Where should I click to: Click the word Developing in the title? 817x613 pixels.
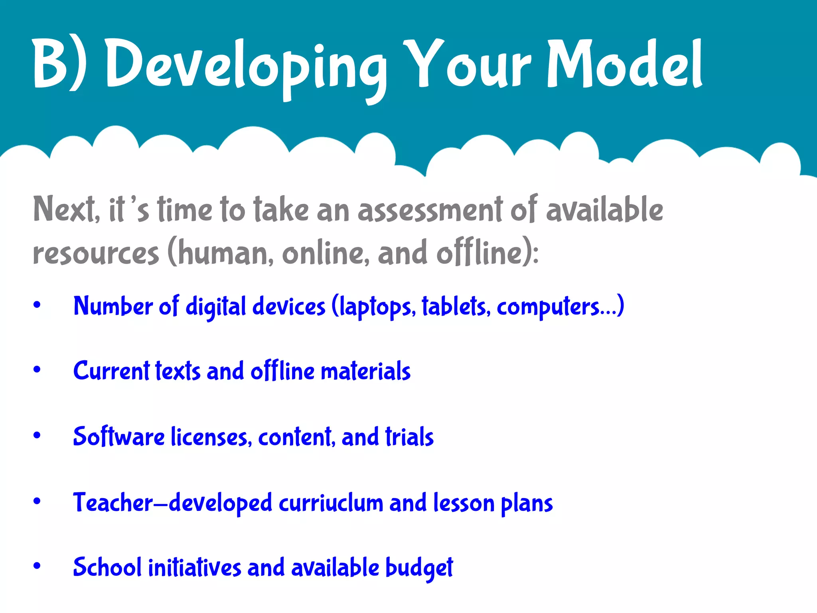coord(245,66)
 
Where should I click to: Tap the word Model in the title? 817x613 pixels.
coord(624,64)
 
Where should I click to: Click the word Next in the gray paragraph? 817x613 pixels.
coord(65,210)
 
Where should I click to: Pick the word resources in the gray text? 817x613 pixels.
coord(96,253)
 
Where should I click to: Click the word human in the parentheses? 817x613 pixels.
coord(223,253)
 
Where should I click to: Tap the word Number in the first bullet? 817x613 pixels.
coord(113,306)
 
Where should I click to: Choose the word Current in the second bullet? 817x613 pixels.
coord(111,371)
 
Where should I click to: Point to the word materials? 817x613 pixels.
coord(365,371)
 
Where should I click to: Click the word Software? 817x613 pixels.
coord(118,437)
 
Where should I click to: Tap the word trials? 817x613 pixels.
coord(409,437)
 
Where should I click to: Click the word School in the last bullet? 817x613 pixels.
coord(107,567)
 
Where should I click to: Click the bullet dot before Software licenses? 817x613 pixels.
coord(37,435)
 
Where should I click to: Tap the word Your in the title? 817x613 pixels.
coord(469,64)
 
